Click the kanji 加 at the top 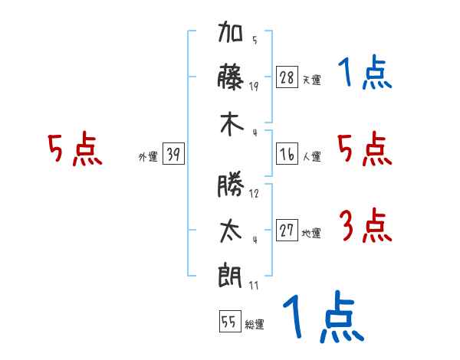point(230,31)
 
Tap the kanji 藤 point(231,77)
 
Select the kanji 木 point(232,125)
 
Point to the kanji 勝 point(231,184)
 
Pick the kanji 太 point(231,231)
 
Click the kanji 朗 point(230,276)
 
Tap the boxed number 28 point(287,77)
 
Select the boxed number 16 point(287,154)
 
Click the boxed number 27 point(287,230)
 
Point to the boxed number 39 point(173,154)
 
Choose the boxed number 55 point(230,321)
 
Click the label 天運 point(312,80)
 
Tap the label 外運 point(148,156)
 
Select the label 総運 point(255,324)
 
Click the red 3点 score point(365,225)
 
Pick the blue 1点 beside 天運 point(365,72)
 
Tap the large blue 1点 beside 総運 point(324,316)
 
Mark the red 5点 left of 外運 point(75,149)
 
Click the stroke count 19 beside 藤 point(254,87)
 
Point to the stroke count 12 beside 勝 point(254,194)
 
